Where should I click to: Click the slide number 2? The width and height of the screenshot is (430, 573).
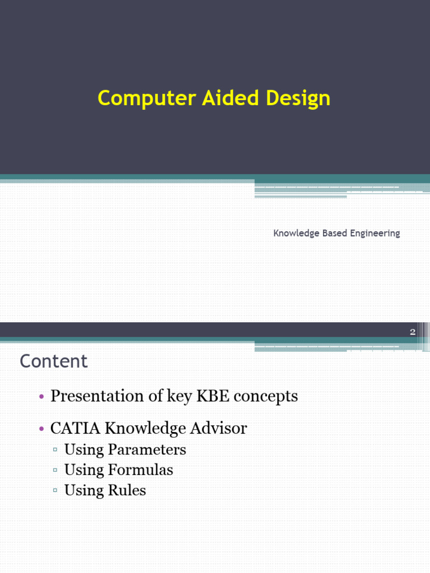click(413, 332)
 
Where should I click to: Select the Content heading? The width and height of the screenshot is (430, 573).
click(54, 361)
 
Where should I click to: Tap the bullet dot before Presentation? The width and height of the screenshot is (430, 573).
click(41, 397)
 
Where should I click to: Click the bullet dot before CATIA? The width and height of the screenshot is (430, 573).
click(41, 430)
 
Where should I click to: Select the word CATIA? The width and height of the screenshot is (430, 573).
click(73, 429)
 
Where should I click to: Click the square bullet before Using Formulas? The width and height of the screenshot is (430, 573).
click(55, 471)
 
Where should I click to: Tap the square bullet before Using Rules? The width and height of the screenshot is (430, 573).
click(55, 491)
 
